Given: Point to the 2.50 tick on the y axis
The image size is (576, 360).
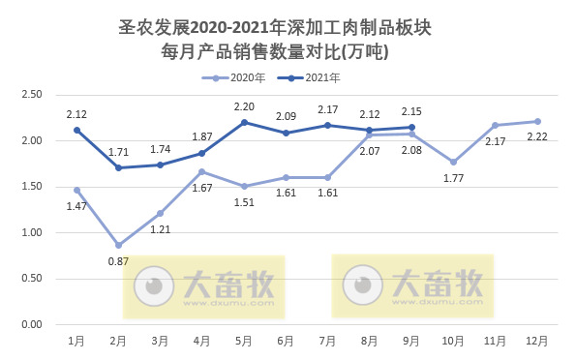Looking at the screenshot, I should [32, 95].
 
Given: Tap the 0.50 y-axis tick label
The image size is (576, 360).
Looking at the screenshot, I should [32, 279].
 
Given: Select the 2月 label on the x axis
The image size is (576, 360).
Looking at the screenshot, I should [118, 341].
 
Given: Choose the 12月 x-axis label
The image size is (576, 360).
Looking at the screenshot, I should [537, 341].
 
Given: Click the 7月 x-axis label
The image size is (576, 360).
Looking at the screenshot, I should [327, 341].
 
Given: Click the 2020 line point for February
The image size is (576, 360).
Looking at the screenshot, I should [118, 245].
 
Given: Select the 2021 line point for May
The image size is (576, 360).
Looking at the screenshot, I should [244, 122].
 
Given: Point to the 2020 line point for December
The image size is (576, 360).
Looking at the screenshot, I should [537, 121].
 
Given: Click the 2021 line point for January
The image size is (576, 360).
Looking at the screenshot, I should [76, 130].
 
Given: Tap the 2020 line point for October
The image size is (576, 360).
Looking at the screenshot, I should [453, 162].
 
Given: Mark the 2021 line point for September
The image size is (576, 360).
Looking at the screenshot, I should [411, 127].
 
